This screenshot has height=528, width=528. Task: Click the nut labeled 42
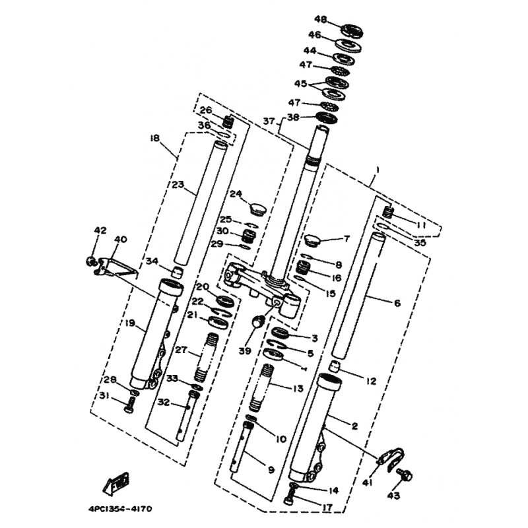[89, 261]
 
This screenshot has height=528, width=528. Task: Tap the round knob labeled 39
[259, 321]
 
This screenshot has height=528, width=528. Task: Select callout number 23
[178, 186]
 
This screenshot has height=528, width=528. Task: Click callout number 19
[130, 323]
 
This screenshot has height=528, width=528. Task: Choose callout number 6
[397, 303]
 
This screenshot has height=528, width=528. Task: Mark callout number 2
[354, 426]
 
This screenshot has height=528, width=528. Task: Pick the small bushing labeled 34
[176, 272]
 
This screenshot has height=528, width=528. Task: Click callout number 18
[155, 139]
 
